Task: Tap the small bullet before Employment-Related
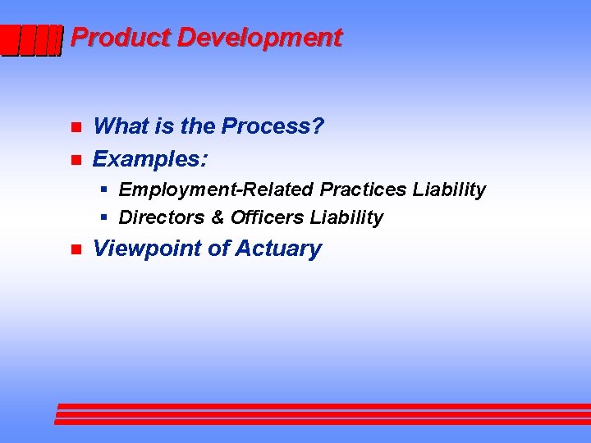click(104, 190)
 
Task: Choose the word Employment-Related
click(217, 190)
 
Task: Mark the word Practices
click(364, 190)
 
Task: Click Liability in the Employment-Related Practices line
click(449, 190)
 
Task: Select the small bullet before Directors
click(104, 217)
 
